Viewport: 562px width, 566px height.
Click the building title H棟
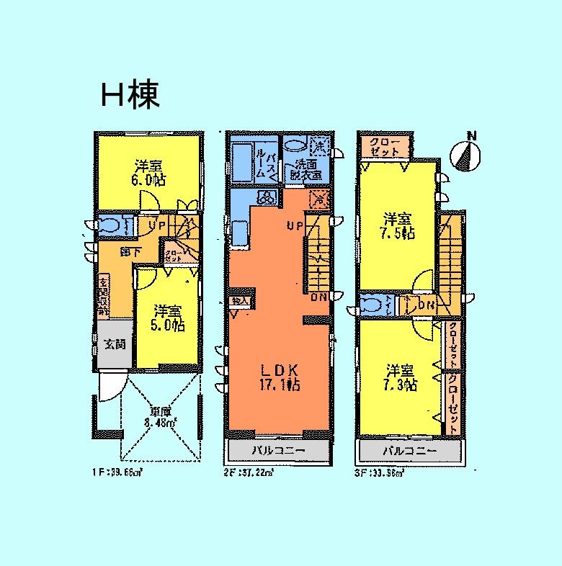[x=130, y=95]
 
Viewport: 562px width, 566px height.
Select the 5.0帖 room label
[x=167, y=318]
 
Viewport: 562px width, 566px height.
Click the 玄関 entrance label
[x=114, y=344]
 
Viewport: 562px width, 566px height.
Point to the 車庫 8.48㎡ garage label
[x=160, y=417]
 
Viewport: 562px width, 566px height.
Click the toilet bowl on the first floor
[x=112, y=226]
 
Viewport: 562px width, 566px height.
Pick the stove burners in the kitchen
[x=264, y=198]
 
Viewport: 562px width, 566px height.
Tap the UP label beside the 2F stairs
[x=294, y=226]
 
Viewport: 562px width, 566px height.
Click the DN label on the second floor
[x=318, y=297]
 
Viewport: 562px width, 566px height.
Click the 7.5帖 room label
[x=398, y=225]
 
